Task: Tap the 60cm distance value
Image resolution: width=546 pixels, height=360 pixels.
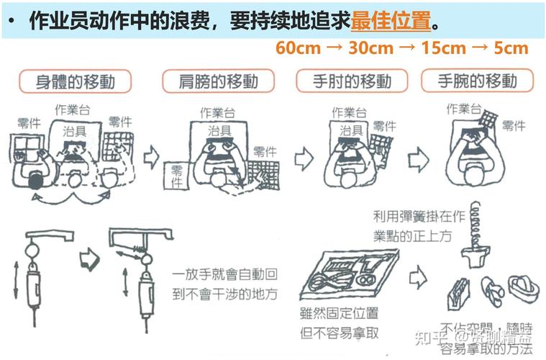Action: click(296, 48)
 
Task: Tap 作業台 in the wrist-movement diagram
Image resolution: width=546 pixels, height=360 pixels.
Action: click(463, 109)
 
